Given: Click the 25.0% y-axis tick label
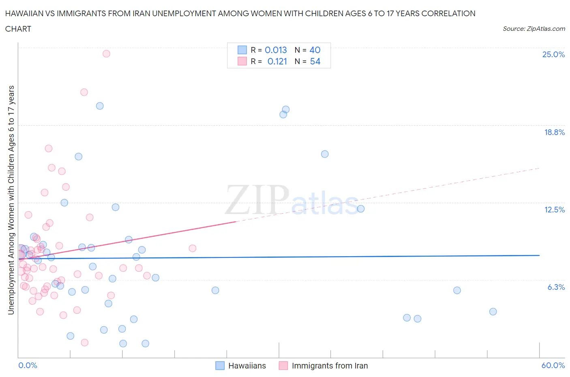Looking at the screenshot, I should (553, 54).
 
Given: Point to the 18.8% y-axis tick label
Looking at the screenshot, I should (554, 132).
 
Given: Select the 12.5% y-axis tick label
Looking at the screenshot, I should (554, 210).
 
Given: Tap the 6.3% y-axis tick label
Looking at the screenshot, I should (556, 287).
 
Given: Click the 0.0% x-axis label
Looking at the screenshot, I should (28, 365).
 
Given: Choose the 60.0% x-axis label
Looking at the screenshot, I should (553, 365).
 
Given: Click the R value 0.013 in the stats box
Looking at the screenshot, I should (276, 50).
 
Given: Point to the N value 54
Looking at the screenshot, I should (315, 61).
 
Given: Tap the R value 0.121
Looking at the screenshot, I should (277, 61).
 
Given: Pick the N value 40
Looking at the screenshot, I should (315, 50).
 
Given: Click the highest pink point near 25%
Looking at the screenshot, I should (106, 54).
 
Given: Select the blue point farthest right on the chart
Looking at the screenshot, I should (493, 312).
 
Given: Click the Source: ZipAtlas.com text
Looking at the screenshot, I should (534, 29).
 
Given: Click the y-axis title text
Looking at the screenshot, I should (11, 200).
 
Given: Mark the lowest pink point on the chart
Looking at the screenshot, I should (85, 343).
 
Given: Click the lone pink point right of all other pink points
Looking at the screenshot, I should (193, 248).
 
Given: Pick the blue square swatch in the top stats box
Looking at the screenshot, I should (242, 50).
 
